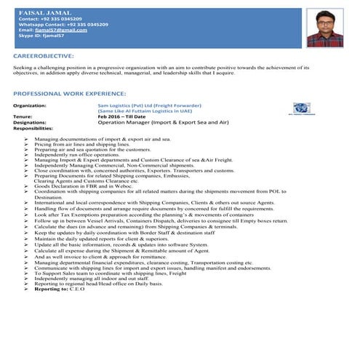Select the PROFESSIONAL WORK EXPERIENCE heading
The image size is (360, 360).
click(69, 94)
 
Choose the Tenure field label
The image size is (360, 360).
click(23, 116)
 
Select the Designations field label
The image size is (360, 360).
click(30, 122)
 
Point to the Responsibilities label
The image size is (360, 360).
click(33, 128)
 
